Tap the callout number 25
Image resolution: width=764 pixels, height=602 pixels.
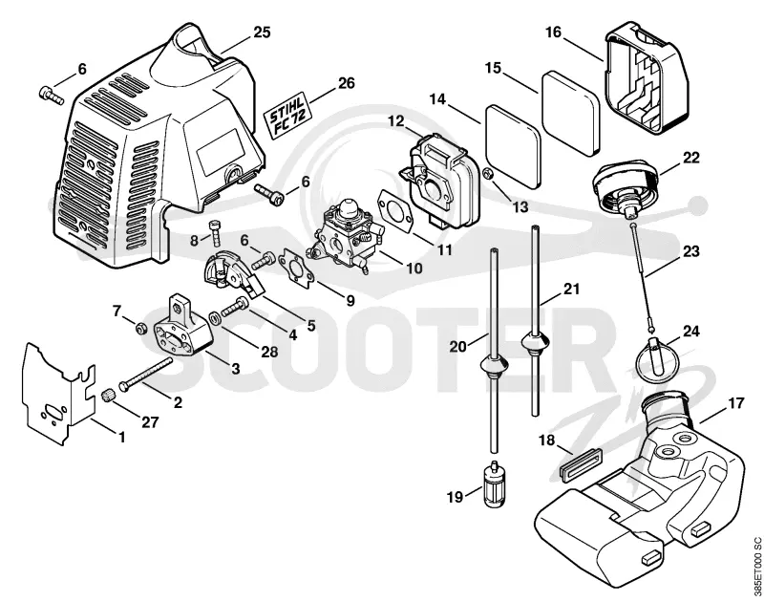[262, 32]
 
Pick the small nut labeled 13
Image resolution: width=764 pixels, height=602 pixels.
[488, 173]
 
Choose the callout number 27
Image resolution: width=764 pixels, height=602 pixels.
[149, 421]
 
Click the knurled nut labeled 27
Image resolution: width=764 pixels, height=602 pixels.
[108, 396]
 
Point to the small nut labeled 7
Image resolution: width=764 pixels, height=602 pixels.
[141, 329]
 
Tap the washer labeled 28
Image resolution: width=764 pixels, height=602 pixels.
[214, 319]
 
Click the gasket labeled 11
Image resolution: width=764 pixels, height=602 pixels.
[396, 210]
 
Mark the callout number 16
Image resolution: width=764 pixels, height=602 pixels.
[554, 32]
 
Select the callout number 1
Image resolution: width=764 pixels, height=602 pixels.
[122, 438]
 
